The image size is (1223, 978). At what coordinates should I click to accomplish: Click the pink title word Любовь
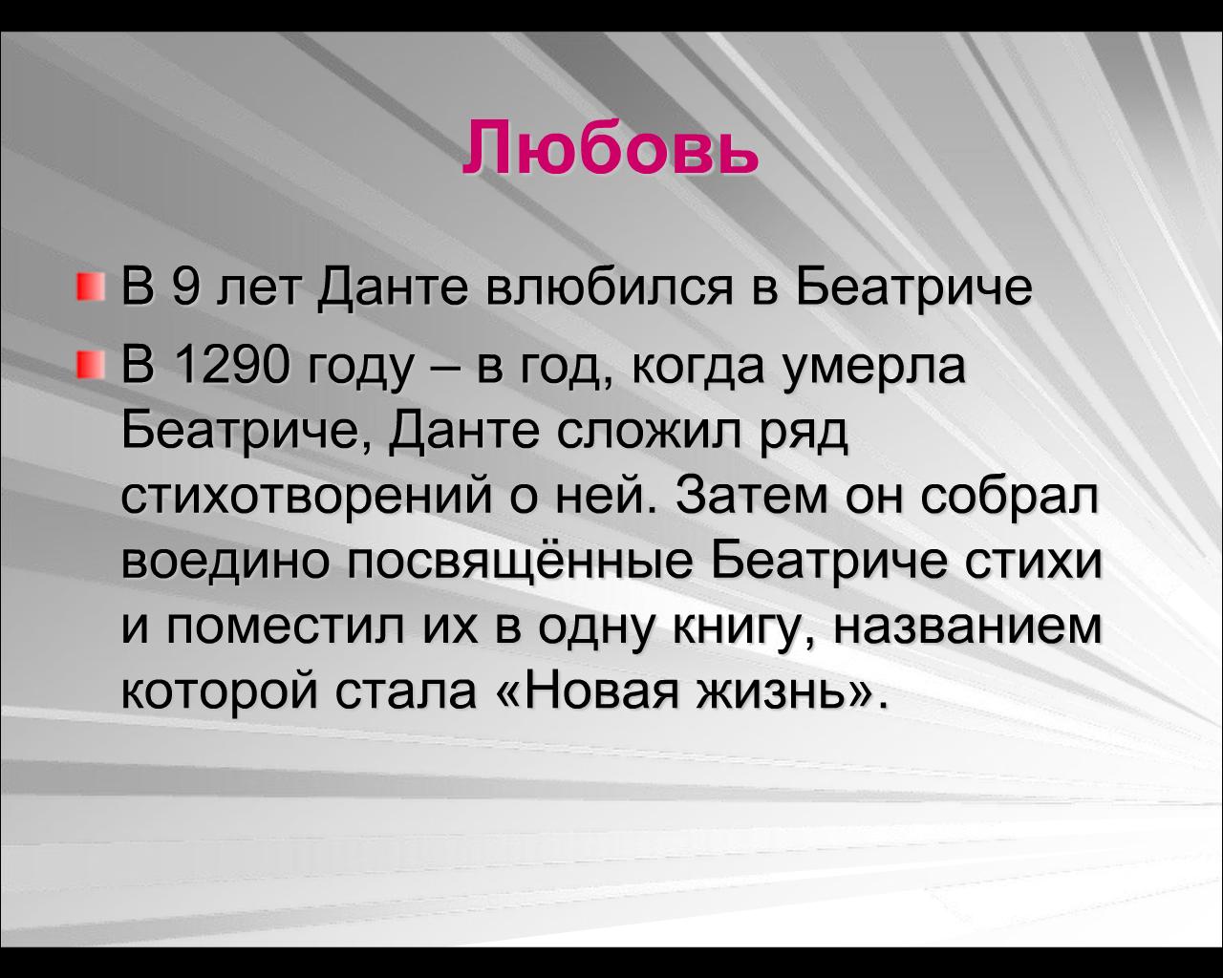pyautogui.click(x=611, y=148)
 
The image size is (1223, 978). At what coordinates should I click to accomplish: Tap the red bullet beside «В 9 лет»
pyautogui.click(x=91, y=287)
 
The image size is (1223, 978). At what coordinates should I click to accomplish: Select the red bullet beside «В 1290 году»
pyautogui.click(x=91, y=364)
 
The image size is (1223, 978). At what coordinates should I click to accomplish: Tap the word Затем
pyautogui.click(x=752, y=495)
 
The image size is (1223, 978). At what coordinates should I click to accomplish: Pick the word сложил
pyautogui.click(x=649, y=431)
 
